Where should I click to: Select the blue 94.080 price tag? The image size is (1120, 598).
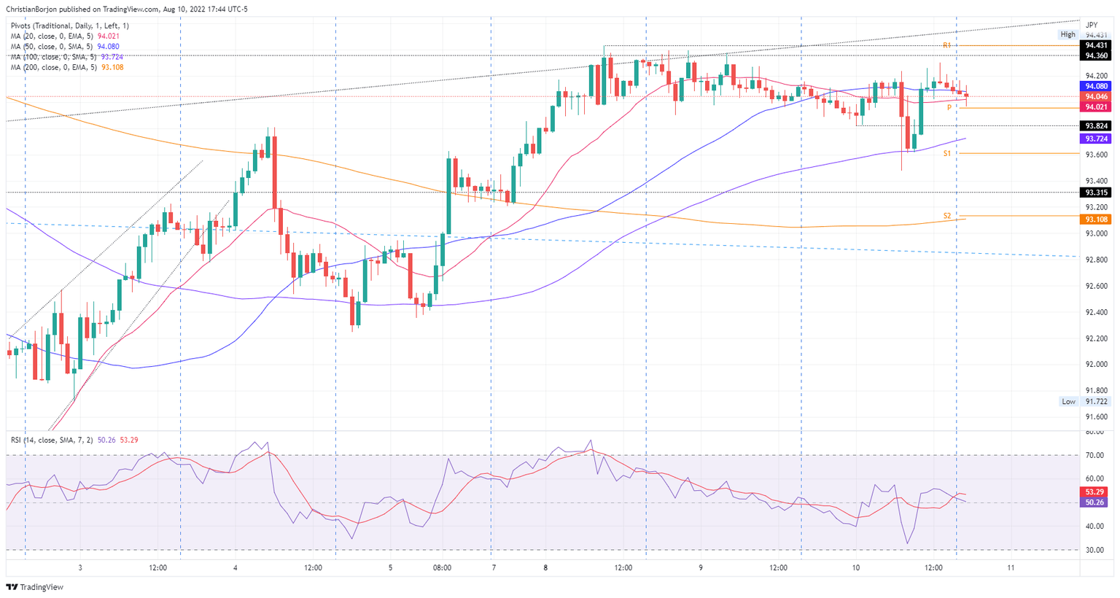click(1096, 86)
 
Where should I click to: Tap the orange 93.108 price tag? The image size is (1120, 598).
click(1096, 220)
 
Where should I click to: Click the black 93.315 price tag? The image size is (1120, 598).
click(1096, 193)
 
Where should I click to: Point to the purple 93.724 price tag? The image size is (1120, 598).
click(1096, 139)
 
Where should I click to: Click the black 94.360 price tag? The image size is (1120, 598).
click(1096, 55)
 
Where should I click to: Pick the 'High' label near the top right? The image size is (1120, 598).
click(1067, 34)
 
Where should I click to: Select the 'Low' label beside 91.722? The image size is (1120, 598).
click(1068, 402)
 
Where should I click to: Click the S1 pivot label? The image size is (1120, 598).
click(946, 153)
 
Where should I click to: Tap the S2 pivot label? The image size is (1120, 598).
click(946, 216)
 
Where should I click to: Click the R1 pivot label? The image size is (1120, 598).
click(946, 45)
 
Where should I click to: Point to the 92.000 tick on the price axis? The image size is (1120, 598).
click(1096, 365)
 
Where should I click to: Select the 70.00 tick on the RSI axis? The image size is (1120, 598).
click(1094, 455)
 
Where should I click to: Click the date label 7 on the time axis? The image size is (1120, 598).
click(494, 567)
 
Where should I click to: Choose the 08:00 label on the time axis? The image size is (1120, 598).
click(442, 567)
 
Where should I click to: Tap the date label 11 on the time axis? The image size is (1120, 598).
click(1011, 567)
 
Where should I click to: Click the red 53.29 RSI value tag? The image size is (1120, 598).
click(1096, 492)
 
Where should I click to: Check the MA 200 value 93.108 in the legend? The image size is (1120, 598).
click(112, 67)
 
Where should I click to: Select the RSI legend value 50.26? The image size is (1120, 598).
click(106, 440)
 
